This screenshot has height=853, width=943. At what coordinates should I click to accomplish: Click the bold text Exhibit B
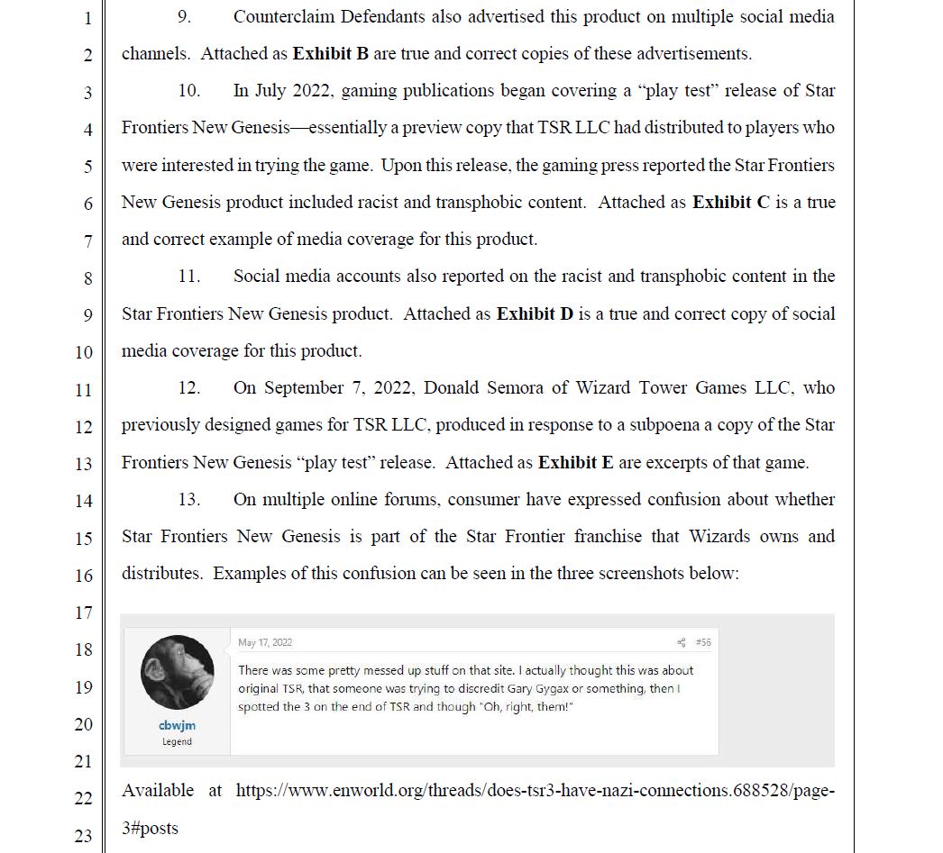pyautogui.click(x=331, y=54)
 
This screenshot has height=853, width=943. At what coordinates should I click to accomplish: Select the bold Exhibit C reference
pyautogui.click(x=731, y=203)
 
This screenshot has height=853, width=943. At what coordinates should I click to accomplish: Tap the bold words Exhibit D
pyautogui.click(x=536, y=314)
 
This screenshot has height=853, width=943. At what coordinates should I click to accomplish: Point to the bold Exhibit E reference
pyautogui.click(x=576, y=463)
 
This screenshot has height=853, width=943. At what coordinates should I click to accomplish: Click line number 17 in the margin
pyautogui.click(x=83, y=613)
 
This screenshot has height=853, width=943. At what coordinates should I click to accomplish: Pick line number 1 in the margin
pyautogui.click(x=87, y=17)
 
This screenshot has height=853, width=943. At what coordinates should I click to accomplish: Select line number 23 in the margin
pyautogui.click(x=83, y=837)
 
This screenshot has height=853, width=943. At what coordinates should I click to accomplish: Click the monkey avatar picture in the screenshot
pyautogui.click(x=178, y=672)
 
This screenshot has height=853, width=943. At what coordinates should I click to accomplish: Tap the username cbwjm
pyautogui.click(x=177, y=725)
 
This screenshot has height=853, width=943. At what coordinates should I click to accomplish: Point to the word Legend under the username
pyautogui.click(x=177, y=741)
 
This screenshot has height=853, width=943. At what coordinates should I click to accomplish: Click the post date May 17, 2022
pyautogui.click(x=265, y=642)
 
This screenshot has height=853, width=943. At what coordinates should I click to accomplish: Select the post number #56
pyautogui.click(x=703, y=642)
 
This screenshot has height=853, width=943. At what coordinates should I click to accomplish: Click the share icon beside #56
pyautogui.click(x=682, y=642)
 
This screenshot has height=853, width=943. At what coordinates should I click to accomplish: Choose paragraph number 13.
pyautogui.click(x=188, y=500)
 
